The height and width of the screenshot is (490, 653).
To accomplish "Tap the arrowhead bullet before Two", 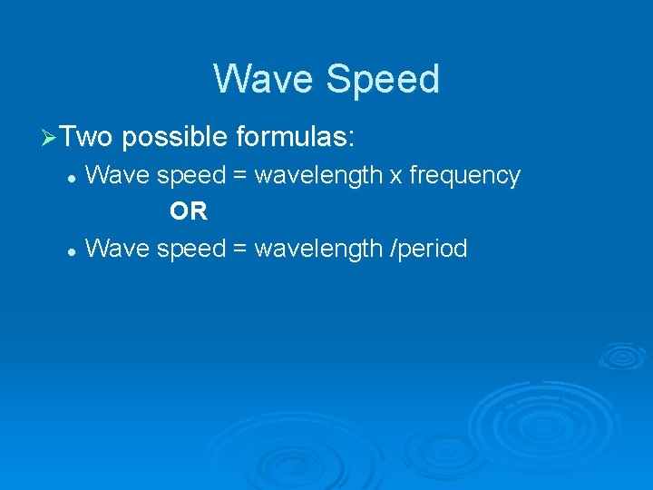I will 51,139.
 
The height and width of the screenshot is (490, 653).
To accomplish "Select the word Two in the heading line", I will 88,138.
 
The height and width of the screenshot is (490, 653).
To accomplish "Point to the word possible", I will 174,138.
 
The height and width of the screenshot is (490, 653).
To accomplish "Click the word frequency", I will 464,175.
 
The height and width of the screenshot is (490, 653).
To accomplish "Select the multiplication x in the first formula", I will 395,176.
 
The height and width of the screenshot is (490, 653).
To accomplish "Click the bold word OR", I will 189,212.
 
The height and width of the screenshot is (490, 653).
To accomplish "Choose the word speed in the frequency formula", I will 190,176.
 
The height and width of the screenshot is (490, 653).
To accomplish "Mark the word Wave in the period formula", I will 117,248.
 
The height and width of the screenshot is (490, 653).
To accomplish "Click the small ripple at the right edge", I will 621,357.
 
